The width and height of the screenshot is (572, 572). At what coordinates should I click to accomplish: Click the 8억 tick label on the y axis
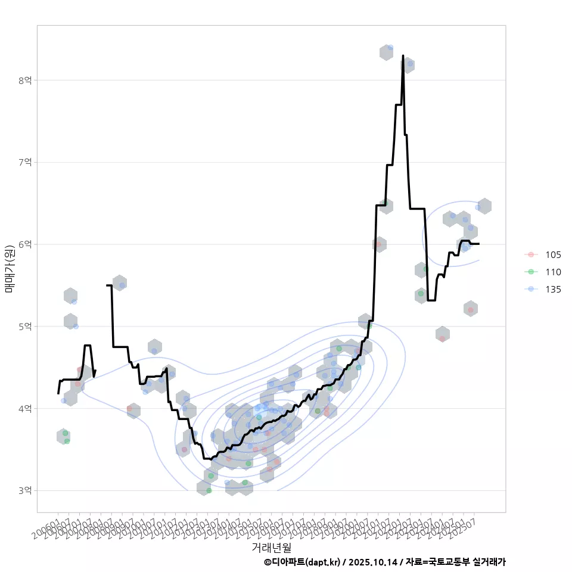[25, 80]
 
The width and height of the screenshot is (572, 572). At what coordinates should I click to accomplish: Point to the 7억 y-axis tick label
[25, 162]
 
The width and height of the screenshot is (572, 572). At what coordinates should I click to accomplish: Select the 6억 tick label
[25, 244]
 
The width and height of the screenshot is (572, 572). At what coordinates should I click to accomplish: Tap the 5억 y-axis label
[25, 327]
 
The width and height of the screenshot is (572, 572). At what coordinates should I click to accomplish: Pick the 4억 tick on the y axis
[25, 409]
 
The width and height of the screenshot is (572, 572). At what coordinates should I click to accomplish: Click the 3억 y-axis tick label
[25, 490]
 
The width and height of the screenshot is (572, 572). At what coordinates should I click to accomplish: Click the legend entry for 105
[552, 254]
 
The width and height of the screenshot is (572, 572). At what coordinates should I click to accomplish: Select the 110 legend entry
[552, 272]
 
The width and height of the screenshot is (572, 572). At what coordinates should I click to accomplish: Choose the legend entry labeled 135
[552, 289]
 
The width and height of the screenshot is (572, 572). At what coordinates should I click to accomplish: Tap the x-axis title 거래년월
[271, 546]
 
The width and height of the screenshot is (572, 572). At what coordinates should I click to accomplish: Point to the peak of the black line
[403, 56]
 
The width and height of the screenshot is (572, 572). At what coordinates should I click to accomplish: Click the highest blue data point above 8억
[390, 48]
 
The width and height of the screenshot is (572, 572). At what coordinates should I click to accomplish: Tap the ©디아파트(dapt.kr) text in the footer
[303, 562]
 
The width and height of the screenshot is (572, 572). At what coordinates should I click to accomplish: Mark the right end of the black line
[479, 244]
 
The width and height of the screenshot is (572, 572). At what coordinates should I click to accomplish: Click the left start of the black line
[58, 393]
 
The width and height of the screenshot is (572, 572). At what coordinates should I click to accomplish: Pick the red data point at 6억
[378, 244]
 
